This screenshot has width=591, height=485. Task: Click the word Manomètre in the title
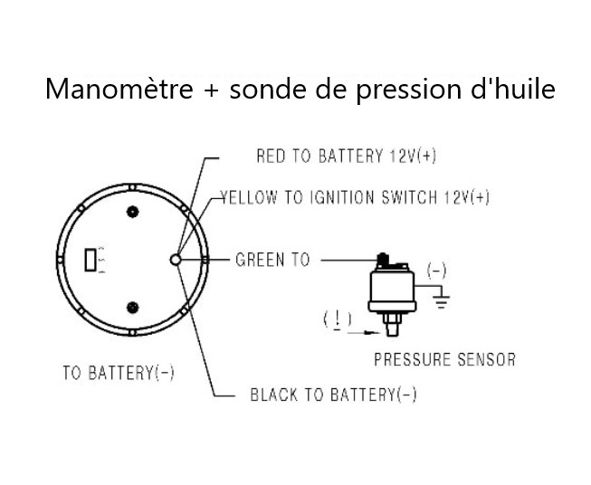(x=119, y=90)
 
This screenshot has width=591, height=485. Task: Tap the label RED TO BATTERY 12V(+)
(x=346, y=157)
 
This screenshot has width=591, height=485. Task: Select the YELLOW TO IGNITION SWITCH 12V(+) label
(x=355, y=198)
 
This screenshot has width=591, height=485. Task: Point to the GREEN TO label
(x=272, y=261)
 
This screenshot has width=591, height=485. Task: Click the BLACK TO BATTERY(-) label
(x=333, y=395)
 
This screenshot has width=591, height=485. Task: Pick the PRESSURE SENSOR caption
(x=444, y=360)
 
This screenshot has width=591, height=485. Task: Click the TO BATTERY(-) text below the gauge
(x=118, y=373)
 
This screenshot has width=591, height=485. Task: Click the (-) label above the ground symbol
(x=436, y=271)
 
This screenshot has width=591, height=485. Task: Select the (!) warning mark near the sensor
(x=338, y=319)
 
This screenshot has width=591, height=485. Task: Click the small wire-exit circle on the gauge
(x=176, y=260)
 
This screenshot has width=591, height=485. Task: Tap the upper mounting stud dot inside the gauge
(x=133, y=213)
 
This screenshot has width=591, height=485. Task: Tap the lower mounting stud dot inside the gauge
(x=133, y=307)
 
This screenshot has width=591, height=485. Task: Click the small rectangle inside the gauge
(x=90, y=260)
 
